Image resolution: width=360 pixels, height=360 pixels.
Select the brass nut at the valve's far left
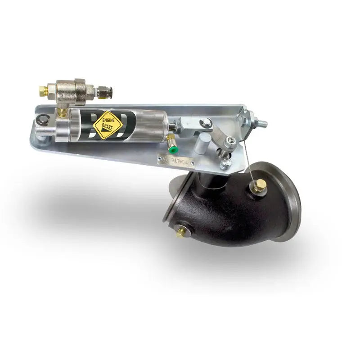tap(44, 90)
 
